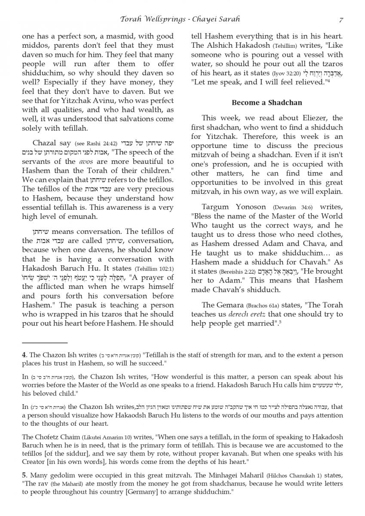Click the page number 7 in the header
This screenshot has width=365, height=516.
(341, 19)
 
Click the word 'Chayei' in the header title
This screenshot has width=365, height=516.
(213, 19)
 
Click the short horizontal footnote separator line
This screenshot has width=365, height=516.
(45, 343)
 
